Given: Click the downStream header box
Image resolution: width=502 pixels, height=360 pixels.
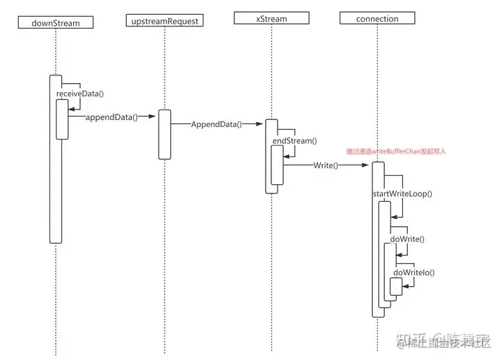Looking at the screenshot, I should click(56, 22).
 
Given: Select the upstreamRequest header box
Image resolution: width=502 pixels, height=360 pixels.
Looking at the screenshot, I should click(165, 21).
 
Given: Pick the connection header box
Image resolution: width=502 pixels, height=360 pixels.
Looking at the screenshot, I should click(376, 18).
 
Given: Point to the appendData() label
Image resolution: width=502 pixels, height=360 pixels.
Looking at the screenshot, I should click(112, 117).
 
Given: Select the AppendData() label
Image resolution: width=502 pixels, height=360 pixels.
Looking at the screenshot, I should click(216, 124).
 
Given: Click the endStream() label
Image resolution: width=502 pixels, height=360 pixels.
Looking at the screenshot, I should click(294, 141).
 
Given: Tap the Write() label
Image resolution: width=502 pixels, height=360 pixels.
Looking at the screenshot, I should click(325, 165).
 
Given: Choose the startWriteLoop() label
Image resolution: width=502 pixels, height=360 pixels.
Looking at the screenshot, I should click(402, 193).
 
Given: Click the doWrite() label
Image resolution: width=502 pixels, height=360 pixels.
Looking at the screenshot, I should click(407, 239).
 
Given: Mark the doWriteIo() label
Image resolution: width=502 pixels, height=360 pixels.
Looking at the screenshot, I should click(414, 272).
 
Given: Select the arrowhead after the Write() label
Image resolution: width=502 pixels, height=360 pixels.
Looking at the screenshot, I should click(366, 165).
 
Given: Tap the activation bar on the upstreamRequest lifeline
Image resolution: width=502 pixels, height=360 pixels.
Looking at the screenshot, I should click(165, 134).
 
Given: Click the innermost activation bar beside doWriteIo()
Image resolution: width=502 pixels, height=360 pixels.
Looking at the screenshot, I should click(396, 287).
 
